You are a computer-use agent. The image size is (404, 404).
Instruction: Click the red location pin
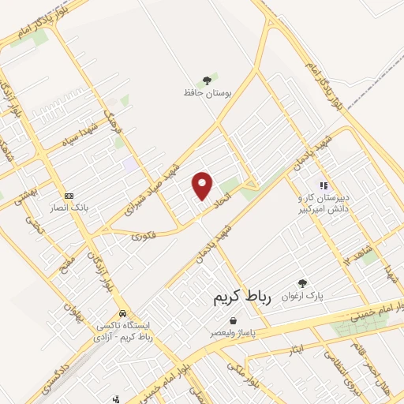pyautogui.click(x=204, y=185)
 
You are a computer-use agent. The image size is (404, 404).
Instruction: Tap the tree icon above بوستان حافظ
pyautogui.click(x=208, y=80)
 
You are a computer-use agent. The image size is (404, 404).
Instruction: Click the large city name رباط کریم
pyautogui.click(x=242, y=297)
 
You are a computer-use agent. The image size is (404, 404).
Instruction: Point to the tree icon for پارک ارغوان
pyautogui.click(x=301, y=283)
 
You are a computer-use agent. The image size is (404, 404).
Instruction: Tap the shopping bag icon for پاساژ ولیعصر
pyautogui.click(x=234, y=320)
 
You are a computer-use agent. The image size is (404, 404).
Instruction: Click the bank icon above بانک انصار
pyautogui.click(x=69, y=195)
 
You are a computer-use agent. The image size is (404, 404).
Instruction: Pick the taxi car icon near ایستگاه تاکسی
pyautogui.click(x=122, y=312)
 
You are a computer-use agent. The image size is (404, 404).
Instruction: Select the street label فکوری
pyautogui.click(x=144, y=234)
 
